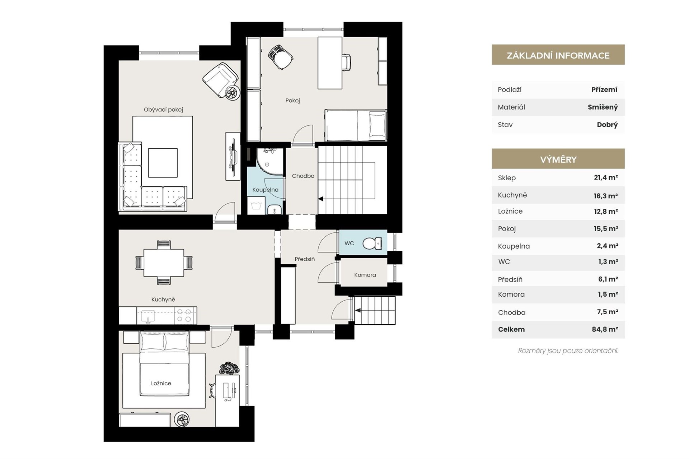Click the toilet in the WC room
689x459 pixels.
[x=372, y=244]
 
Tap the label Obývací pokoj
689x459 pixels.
[x=163, y=110]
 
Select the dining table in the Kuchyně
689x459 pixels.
[x=164, y=263]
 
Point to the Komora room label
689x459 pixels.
[x=365, y=275]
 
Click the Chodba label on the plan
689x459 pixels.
[x=303, y=176]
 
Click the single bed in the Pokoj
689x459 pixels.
[x=355, y=125]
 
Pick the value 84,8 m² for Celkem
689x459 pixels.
[x=605, y=329]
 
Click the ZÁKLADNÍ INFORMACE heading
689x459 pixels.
[x=558, y=56]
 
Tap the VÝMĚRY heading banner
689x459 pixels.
[x=558, y=159]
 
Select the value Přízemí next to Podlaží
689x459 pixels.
[x=604, y=90]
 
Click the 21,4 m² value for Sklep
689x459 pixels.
[x=606, y=177]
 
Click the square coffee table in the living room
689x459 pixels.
[x=163, y=163]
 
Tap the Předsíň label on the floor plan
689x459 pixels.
[x=305, y=259]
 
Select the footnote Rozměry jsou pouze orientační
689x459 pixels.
[x=568, y=351]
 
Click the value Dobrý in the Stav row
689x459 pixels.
[x=607, y=125]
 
